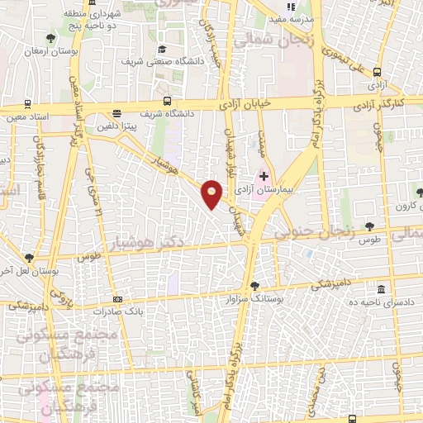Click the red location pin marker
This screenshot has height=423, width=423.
tap(212, 194)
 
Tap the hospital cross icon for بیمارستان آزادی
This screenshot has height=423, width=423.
tap(264, 177)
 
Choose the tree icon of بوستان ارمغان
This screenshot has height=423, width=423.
tap(51, 38)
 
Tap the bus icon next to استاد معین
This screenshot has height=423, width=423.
tap(27, 105)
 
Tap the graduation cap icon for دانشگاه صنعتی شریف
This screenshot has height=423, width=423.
tap(162, 49)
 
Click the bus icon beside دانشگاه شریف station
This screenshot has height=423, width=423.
tap(116, 114)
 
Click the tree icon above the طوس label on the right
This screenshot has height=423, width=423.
tap(368, 225)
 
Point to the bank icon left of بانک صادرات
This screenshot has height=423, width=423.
tap(118, 299)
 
